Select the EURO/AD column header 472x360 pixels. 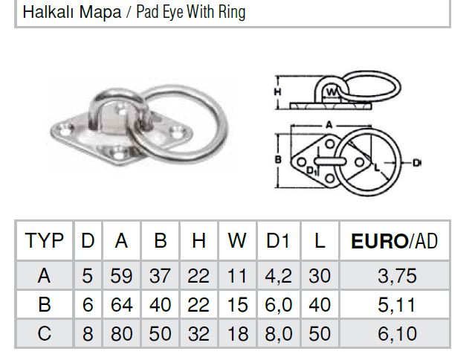[395, 241]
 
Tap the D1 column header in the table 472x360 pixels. [277, 241]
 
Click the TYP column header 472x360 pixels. [45, 241]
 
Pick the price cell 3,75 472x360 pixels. [397, 276]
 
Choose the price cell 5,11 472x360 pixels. [397, 305]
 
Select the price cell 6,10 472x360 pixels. [397, 334]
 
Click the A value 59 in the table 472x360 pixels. [121, 276]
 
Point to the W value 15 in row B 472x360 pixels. [238, 304]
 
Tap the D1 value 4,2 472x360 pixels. [278, 276]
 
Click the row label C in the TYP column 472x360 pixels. [45, 333]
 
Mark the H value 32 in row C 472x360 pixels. [198, 333]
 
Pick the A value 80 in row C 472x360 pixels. [121, 333]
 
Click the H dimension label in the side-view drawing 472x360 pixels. [277, 91]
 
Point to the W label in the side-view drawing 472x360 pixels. [332, 92]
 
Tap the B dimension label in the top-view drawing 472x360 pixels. [278, 159]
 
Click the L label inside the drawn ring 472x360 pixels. [377, 167]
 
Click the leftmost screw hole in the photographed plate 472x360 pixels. [66, 130]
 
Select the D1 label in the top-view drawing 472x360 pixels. [312, 171]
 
